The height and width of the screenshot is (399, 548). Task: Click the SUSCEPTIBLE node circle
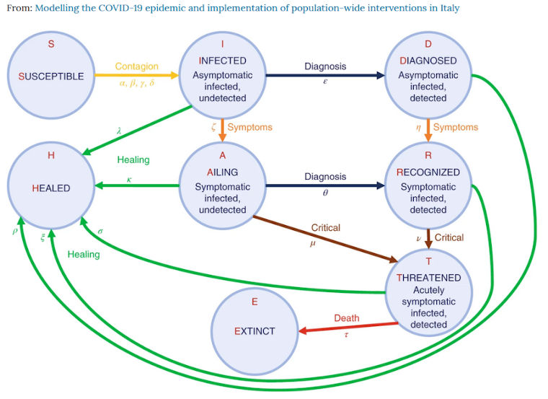point(51,76)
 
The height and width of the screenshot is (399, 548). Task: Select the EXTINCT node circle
point(255,331)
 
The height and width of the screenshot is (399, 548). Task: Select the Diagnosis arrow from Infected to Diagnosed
point(324,76)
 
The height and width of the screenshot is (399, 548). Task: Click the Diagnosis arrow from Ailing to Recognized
point(324,186)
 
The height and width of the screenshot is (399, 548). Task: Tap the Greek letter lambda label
point(119,131)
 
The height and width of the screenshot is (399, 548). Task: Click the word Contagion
point(136,66)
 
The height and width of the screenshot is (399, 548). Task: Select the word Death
point(346,317)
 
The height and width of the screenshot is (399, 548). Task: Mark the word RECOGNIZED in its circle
point(428,173)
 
